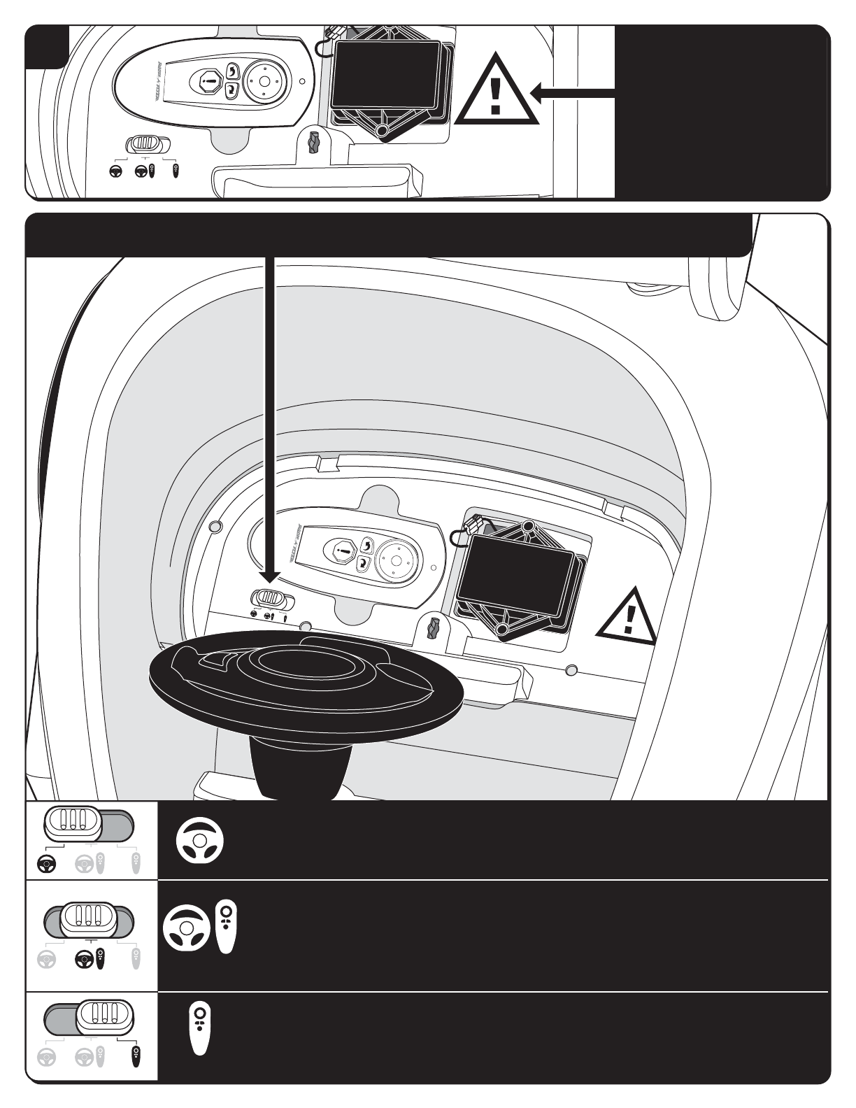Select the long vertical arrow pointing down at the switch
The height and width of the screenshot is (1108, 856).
[269, 420]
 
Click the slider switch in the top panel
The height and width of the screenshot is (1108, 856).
[147, 144]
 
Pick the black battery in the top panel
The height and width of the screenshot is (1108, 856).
[387, 76]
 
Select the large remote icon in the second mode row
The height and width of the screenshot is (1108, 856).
[227, 927]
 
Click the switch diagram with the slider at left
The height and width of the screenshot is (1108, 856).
[89, 825]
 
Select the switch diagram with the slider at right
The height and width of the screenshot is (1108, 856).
[89, 1018]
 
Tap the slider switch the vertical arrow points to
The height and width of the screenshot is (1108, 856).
[271, 599]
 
